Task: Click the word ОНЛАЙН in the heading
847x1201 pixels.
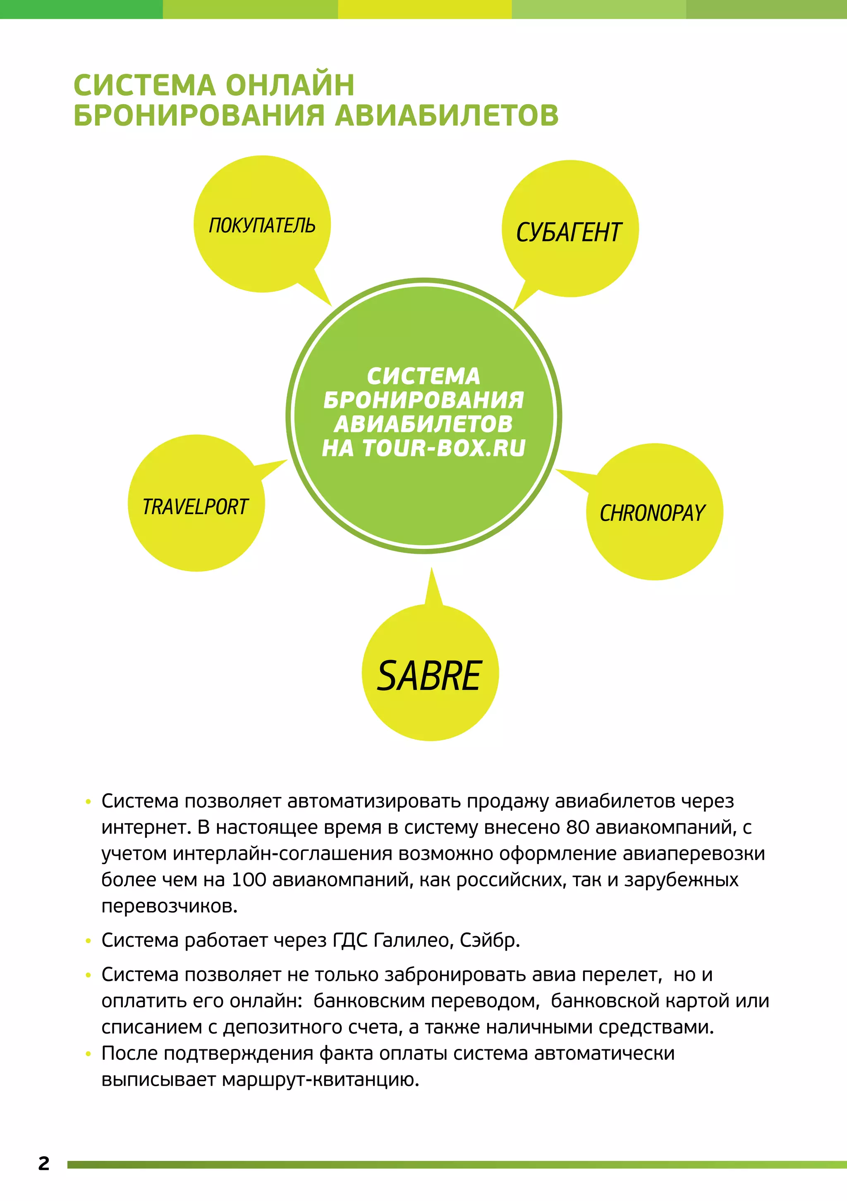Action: pyautogui.click(x=290, y=85)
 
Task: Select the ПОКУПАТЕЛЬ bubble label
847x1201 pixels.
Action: pyautogui.click(x=262, y=226)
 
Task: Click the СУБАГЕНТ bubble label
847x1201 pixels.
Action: pyautogui.click(x=569, y=233)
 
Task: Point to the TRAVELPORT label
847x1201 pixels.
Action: pyautogui.click(x=195, y=507)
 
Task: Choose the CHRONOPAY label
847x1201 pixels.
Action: pyautogui.click(x=653, y=513)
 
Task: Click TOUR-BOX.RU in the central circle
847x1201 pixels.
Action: pyautogui.click(x=444, y=448)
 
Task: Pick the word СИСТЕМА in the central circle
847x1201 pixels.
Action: pyautogui.click(x=423, y=376)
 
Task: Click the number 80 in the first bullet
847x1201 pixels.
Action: pyautogui.click(x=578, y=827)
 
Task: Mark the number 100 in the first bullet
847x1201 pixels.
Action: pyautogui.click(x=249, y=879)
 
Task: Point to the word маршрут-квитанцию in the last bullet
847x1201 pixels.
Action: pyautogui.click(x=321, y=1079)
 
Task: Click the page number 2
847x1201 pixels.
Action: pyautogui.click(x=44, y=1163)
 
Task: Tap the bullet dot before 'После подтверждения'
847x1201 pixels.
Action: pyautogui.click(x=89, y=1053)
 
